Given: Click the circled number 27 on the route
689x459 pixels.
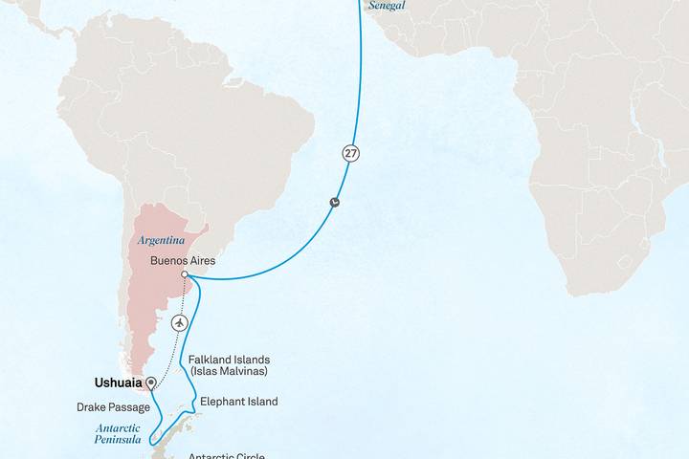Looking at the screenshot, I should tap(352, 152).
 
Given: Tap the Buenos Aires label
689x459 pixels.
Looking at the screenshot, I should tap(184, 261).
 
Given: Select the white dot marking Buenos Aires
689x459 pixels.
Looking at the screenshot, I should tap(185, 274).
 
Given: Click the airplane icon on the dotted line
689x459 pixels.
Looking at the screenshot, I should tap(179, 323).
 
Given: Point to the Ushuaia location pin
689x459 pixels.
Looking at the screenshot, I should tap(150, 382).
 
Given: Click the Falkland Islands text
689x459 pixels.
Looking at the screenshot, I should tap(229, 360).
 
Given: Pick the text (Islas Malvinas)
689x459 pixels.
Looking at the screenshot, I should tap(229, 371).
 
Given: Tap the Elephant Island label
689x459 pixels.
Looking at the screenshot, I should tap(238, 402).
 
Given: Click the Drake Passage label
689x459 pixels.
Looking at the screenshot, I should tap(113, 407).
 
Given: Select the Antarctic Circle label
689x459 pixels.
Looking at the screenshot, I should tap(226, 455).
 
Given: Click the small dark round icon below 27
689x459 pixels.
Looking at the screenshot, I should tap(334, 202).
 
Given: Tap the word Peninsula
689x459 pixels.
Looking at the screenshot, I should tap(118, 441).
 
